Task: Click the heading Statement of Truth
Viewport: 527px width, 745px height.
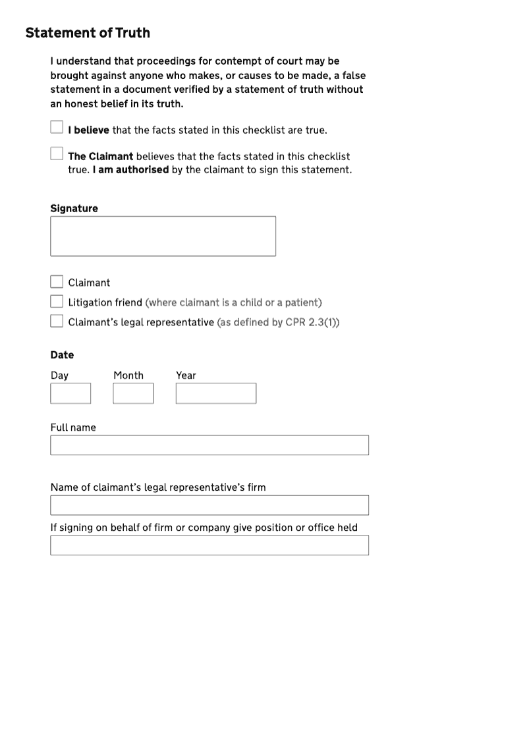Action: click(x=88, y=33)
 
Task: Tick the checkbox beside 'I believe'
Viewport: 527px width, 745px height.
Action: click(x=57, y=126)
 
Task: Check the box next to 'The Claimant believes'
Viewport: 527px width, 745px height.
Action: click(x=57, y=153)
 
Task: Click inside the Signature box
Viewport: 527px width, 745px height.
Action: click(x=163, y=236)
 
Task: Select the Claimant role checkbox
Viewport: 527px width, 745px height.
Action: click(x=57, y=282)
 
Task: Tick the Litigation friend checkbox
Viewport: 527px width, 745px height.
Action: click(x=57, y=302)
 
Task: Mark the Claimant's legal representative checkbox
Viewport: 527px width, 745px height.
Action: click(x=57, y=321)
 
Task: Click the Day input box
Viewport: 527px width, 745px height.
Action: click(x=70, y=393)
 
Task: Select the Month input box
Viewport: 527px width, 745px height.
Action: click(x=133, y=393)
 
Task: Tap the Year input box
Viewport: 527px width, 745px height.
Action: click(x=215, y=393)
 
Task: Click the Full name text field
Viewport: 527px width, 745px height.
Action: click(x=209, y=445)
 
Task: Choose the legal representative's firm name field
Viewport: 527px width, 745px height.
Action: click(x=209, y=505)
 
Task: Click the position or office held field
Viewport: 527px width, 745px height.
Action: click(x=209, y=545)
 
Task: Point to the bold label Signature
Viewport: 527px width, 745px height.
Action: click(x=74, y=209)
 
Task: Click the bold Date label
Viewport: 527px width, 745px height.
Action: click(x=62, y=355)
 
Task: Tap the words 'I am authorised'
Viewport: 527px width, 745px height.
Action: click(x=130, y=170)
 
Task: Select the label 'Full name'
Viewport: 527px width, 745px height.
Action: click(x=73, y=428)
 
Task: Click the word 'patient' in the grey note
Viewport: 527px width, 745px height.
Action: click(x=301, y=303)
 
